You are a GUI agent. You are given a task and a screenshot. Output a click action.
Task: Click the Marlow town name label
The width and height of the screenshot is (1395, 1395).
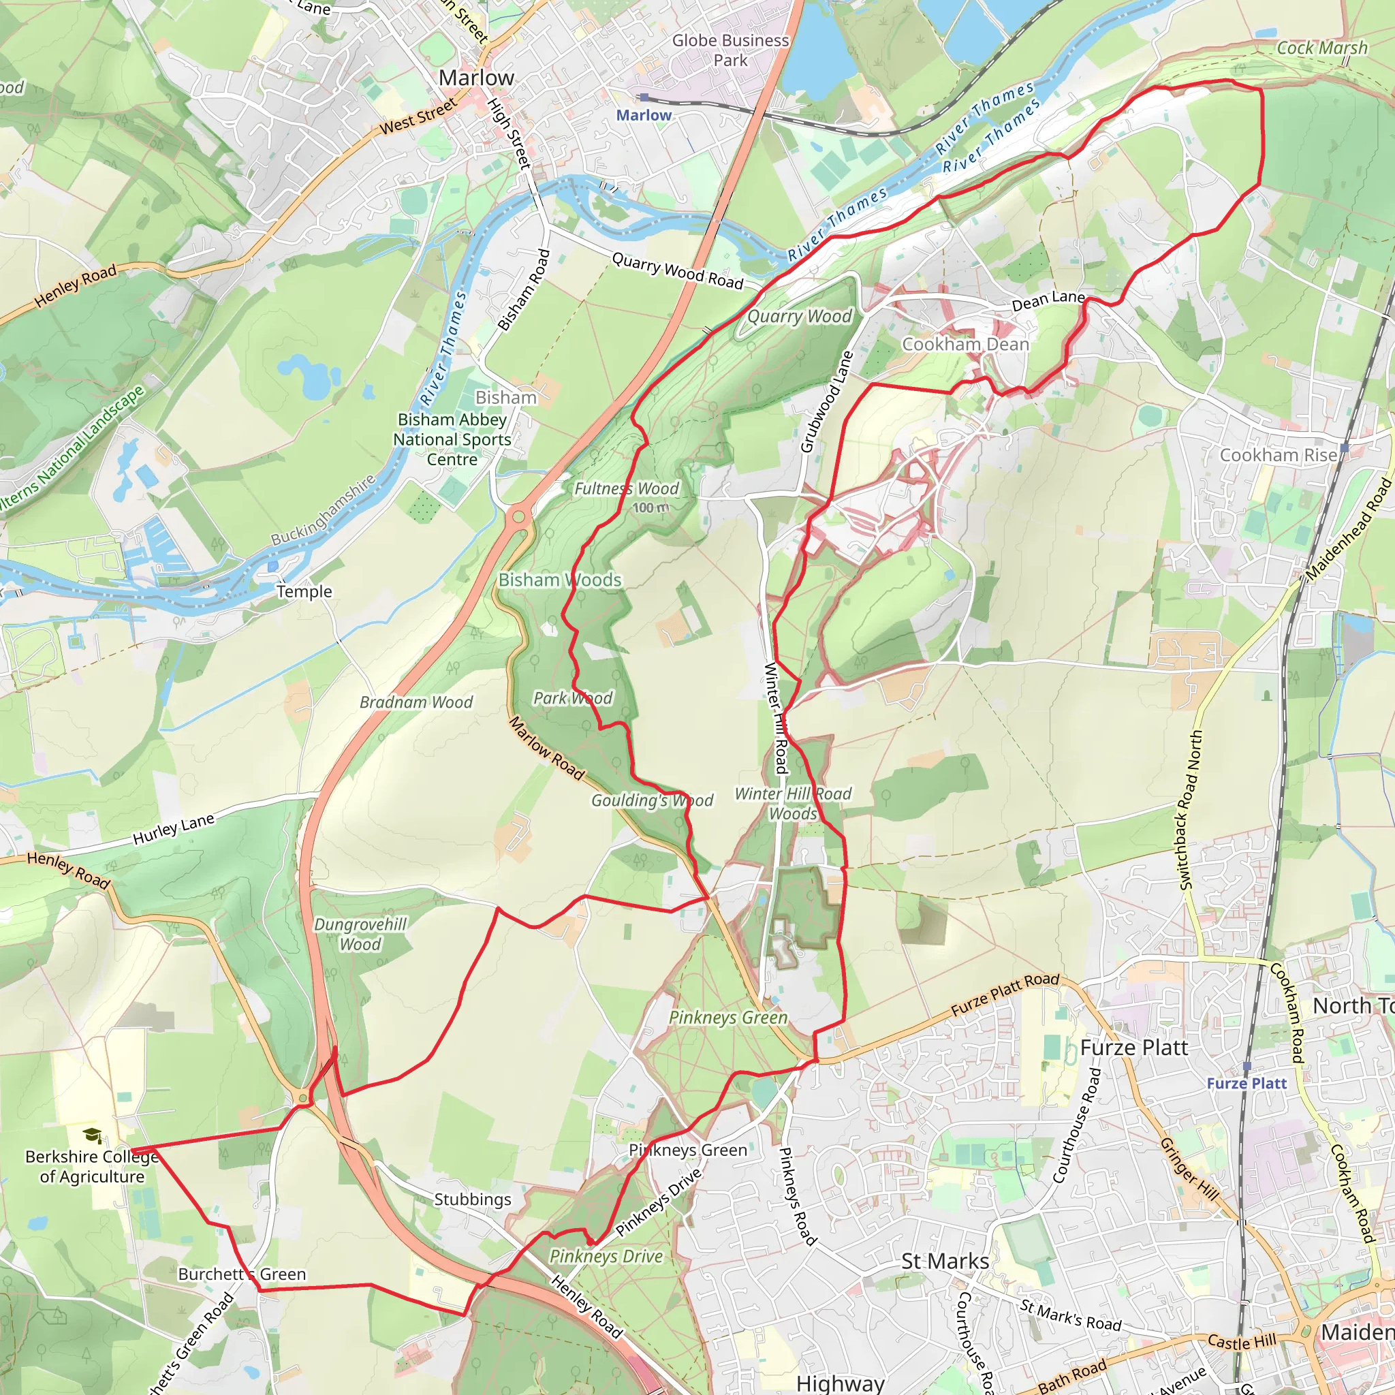pos(477,77)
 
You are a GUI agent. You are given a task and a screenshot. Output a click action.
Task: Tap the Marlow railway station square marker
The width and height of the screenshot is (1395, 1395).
pos(643,97)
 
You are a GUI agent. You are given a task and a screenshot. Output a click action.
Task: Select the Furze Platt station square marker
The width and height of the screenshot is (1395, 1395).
pos(1247,1067)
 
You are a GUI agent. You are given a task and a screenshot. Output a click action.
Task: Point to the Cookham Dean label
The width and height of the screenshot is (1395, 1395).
pos(965,345)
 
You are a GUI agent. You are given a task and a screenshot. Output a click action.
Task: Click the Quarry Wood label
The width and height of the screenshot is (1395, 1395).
pos(799,316)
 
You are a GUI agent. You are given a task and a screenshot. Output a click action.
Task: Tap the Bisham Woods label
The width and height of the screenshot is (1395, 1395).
pos(560,580)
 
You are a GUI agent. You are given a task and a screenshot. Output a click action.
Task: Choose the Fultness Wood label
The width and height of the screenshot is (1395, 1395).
pos(626,489)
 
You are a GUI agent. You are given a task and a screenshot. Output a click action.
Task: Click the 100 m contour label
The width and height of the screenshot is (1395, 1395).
pos(651,507)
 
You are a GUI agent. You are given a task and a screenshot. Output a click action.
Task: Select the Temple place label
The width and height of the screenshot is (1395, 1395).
pos(304,591)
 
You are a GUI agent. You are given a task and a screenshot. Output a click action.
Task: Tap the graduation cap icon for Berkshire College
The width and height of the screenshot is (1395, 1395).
pos(92,1135)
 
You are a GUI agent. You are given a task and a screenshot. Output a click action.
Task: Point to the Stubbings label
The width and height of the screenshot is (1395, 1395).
pos(472,1200)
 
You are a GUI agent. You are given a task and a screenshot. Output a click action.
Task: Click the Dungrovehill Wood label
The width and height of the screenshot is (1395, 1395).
pos(360,934)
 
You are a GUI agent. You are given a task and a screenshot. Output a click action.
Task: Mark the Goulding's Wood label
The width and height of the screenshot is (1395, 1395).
pos(652,800)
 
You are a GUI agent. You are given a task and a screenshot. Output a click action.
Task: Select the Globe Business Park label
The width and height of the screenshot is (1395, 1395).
pos(731,50)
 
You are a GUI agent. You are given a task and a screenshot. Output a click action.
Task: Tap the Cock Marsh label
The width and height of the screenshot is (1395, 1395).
pos(1322,48)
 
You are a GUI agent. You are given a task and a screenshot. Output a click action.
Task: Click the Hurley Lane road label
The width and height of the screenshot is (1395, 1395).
pos(173,829)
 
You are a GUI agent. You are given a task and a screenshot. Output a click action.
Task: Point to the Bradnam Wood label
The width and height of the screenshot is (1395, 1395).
pos(416,702)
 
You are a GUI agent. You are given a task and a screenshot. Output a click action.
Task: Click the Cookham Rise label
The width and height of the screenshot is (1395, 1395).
pos(1279,455)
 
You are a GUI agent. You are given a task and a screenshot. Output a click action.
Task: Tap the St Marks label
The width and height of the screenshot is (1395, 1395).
pos(945,1261)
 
